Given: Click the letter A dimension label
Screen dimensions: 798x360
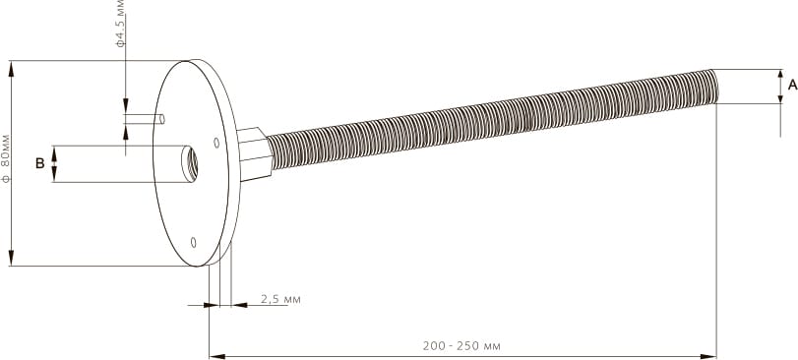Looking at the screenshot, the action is click(x=792, y=85).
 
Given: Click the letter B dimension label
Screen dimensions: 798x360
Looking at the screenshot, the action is click(x=39, y=163).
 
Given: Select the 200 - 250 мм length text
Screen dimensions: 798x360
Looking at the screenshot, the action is click(x=461, y=346).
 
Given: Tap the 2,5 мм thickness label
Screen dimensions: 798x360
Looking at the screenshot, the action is click(x=280, y=299).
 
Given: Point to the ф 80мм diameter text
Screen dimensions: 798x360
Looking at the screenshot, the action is click(x=6, y=158).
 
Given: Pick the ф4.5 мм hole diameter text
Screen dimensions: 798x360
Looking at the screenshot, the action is click(x=121, y=24).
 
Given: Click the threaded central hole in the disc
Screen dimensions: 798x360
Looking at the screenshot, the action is click(x=190, y=163).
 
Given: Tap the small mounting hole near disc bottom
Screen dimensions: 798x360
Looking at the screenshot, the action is click(x=194, y=243).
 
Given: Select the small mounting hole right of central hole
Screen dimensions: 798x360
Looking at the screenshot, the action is click(x=216, y=143).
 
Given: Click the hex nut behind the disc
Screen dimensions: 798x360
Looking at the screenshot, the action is click(x=254, y=153).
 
